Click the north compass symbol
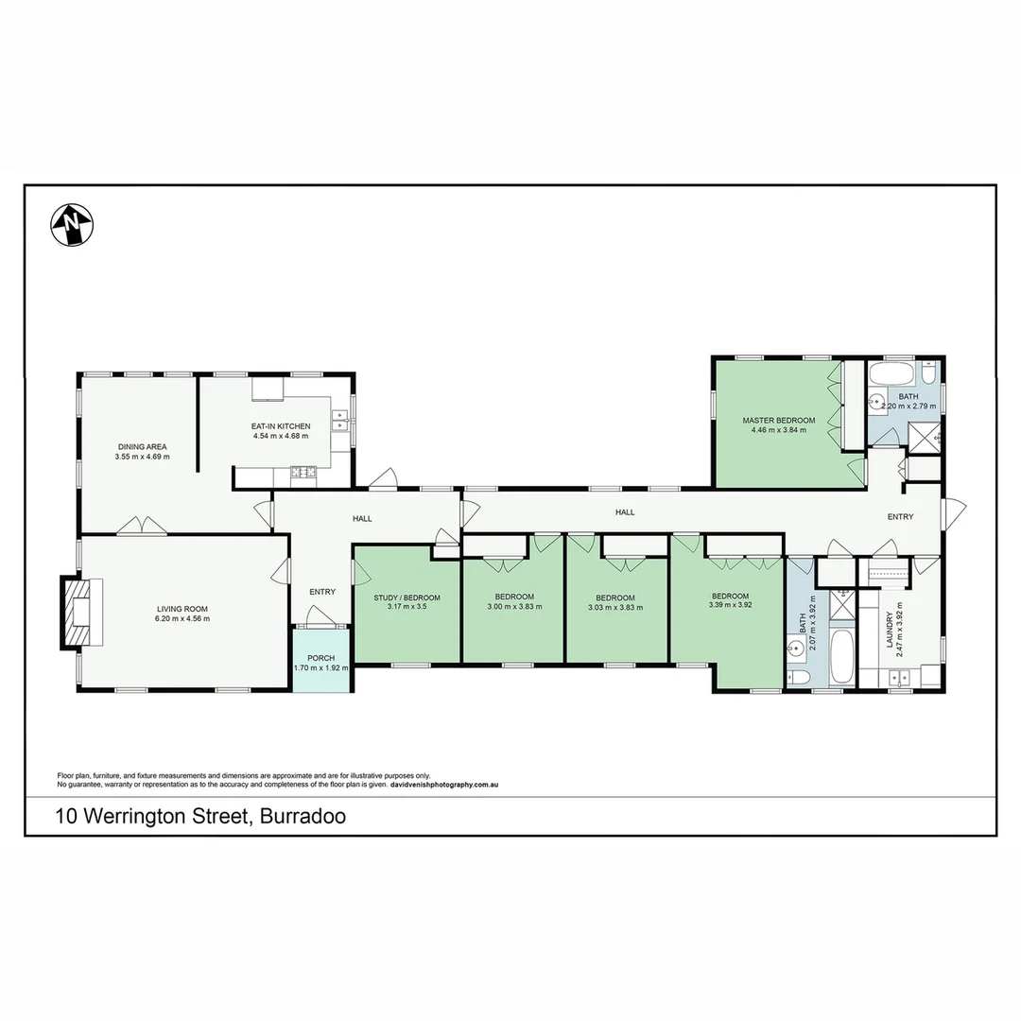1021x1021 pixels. coord(72,225)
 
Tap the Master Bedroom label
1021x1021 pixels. coord(778,420)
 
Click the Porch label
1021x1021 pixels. coord(320,658)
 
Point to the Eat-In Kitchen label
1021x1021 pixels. coord(281,426)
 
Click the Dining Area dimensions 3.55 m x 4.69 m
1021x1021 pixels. coord(143,457)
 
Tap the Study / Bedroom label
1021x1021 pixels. coord(407,597)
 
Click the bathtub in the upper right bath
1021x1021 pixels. coord(890,371)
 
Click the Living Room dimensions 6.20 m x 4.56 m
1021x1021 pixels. coord(182,618)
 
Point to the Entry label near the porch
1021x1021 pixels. coord(322,592)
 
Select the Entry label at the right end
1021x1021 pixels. coord(900,517)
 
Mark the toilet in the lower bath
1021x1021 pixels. coord(800,678)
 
